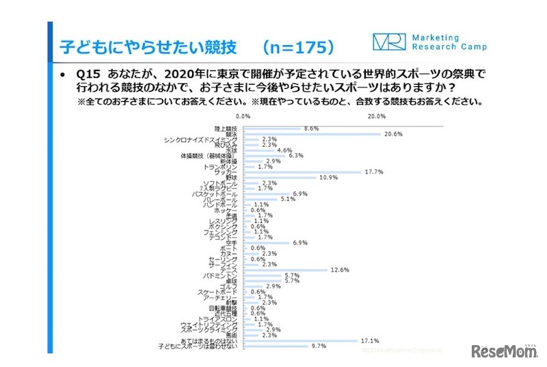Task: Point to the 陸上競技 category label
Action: (225, 128)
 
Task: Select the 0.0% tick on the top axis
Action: (243, 116)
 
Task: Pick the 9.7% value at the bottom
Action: (319, 346)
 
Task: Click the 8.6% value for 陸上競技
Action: (311, 128)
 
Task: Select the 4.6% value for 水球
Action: (284, 150)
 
